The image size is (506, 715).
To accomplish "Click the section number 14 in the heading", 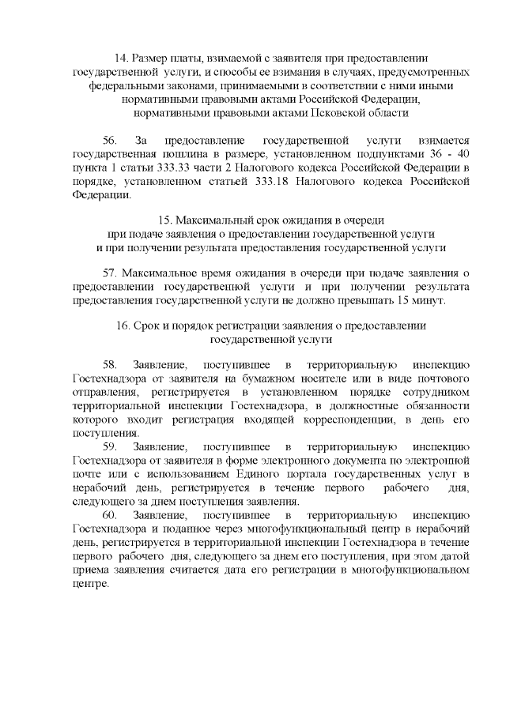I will pos(122,58).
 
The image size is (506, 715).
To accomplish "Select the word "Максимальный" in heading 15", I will pos(210,220).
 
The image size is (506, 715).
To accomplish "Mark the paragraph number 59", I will pos(110,446).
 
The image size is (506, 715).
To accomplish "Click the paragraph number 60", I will pos(110,515).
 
